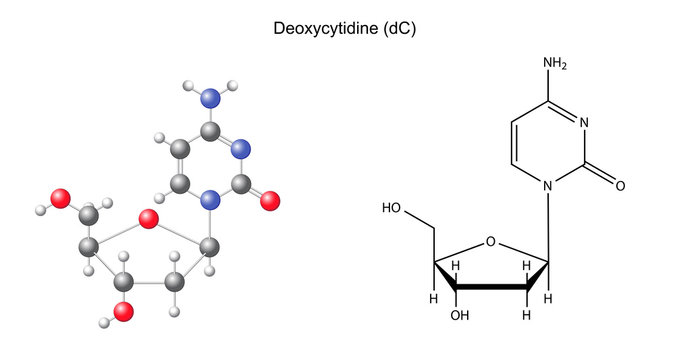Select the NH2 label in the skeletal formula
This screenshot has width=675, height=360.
[555, 63]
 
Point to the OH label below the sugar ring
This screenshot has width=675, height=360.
[459, 315]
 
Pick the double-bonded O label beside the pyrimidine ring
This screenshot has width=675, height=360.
[620, 186]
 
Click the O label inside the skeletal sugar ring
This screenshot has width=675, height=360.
[490, 241]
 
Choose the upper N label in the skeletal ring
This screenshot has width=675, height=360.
[583, 124]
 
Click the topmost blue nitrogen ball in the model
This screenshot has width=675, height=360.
[209, 97]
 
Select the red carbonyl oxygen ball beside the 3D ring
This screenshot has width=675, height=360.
[270, 199]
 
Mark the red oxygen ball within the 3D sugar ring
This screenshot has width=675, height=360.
[149, 218]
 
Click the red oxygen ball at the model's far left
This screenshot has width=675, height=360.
[61, 198]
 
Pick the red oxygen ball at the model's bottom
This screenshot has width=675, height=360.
[123, 313]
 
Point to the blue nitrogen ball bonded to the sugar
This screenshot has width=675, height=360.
[209, 201]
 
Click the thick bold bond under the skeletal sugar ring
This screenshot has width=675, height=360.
[491, 286]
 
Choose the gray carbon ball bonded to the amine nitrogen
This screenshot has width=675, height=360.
[209, 131]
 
